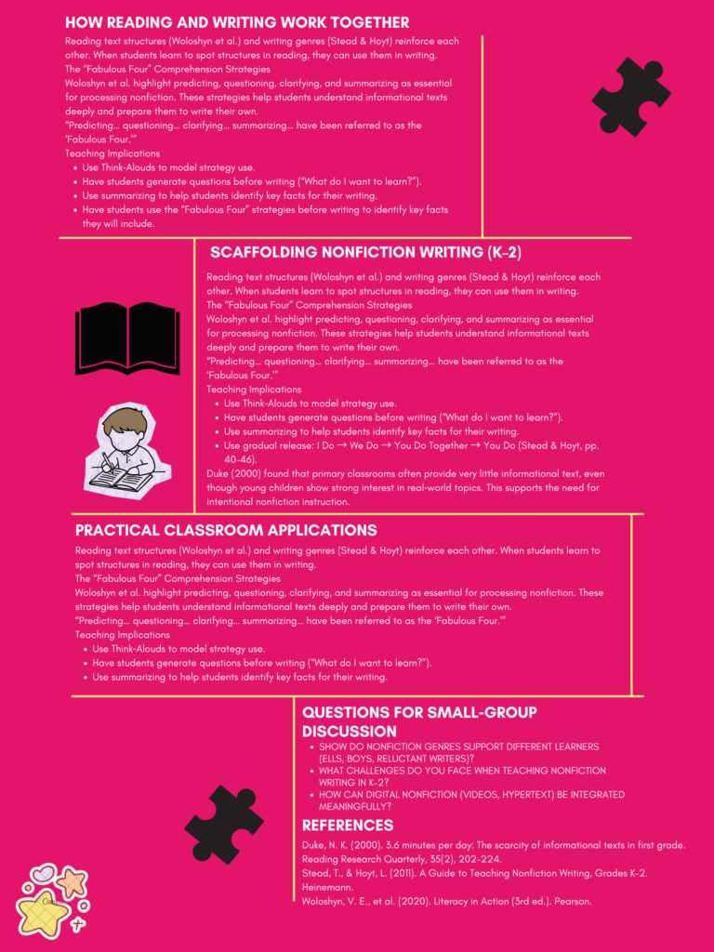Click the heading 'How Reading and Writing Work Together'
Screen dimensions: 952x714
tap(237, 22)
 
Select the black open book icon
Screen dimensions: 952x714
tap(127, 337)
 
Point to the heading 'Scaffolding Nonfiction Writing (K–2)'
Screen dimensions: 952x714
tap(372, 252)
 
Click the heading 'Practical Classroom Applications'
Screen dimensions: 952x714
tap(226, 530)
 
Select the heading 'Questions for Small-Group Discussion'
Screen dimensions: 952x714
tap(419, 721)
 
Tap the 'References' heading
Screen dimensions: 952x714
tap(348, 825)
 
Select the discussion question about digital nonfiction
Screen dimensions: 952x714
tap(465, 800)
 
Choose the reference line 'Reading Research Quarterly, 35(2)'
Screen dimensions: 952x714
tap(401, 859)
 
